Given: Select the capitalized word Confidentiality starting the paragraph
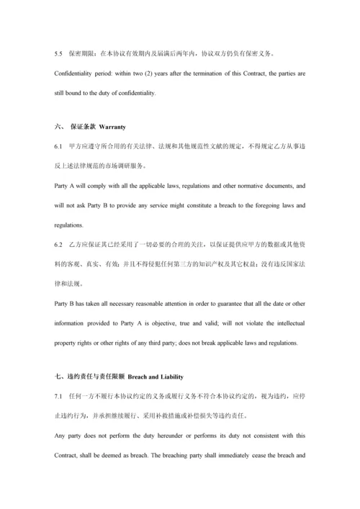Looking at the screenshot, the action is pos(76,73).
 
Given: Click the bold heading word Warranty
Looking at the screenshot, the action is pos(112,127).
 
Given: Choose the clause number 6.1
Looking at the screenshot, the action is pos(59,146).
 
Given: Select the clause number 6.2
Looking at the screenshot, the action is pos(59,245).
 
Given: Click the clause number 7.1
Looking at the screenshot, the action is pos(59,396).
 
